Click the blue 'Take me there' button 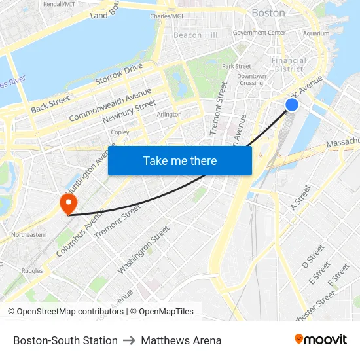pyautogui.click(x=180, y=160)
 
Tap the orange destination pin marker pyautogui.click(x=68, y=204)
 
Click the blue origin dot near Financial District pyautogui.click(x=292, y=105)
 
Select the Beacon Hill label pyautogui.click(x=196, y=35)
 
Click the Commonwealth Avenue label pyautogui.click(x=110, y=103)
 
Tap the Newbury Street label pyautogui.click(x=129, y=112)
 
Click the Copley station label pyautogui.click(x=120, y=132)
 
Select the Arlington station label pyautogui.click(x=169, y=114)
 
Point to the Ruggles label pyautogui.click(x=31, y=270)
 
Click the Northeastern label pyautogui.click(x=28, y=234)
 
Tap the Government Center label pyautogui.click(x=259, y=32)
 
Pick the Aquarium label pyautogui.click(x=316, y=33)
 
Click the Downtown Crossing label pyautogui.click(x=251, y=80)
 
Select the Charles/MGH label pyautogui.click(x=168, y=16)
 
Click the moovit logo pyautogui.click(x=321, y=340)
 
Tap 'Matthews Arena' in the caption pyautogui.click(x=181, y=340)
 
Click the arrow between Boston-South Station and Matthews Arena pyautogui.click(x=129, y=340)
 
